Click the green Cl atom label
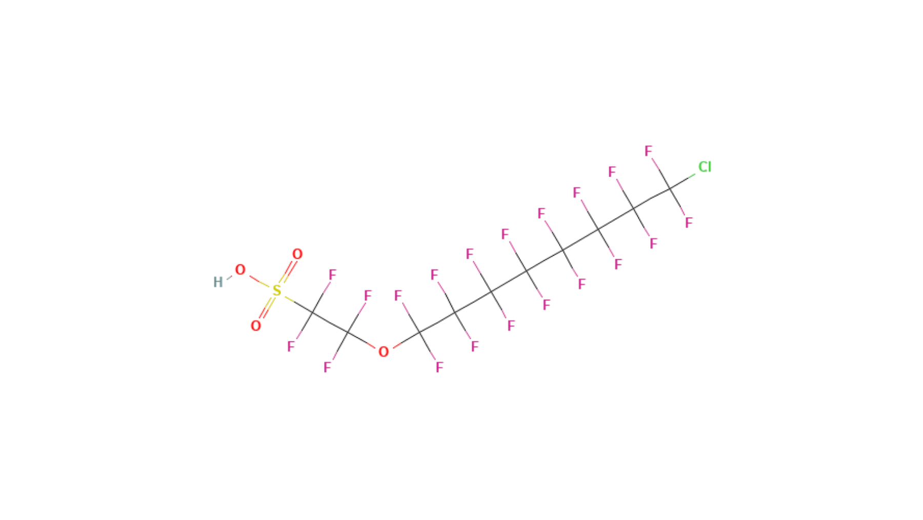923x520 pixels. pos(705,167)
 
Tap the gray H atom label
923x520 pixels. pos(218,282)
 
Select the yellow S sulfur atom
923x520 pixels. pos(277,291)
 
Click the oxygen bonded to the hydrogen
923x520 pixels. pos(240,270)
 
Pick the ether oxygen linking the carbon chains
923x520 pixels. pos(383,352)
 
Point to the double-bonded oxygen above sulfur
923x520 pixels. pos(297,254)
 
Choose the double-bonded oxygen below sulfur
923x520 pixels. pos(256,326)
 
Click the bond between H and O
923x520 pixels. pos(229,277)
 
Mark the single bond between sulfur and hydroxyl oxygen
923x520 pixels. pos(259,281)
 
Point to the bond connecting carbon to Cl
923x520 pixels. pos(683,182)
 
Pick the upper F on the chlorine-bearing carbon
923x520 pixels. pos(648,151)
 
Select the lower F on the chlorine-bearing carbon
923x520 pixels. pos(689,222)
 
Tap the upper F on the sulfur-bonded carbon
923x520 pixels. pos(332,275)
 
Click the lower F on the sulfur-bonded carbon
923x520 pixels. pos(291,347)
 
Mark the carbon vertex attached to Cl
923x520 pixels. pos(670,189)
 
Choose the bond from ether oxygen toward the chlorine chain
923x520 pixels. pos(406,340)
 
